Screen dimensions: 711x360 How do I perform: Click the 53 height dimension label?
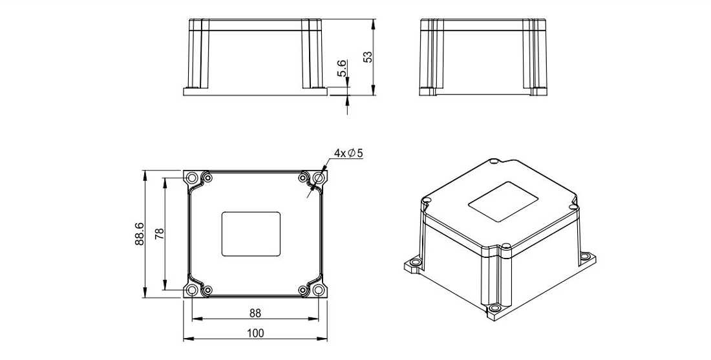coord(368,57)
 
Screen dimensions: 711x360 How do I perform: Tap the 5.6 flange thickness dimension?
coord(343,68)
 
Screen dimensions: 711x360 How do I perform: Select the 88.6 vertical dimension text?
coord(139,234)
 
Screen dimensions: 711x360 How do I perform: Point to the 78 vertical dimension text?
coord(159,233)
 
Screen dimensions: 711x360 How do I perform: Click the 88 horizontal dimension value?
coord(255,313)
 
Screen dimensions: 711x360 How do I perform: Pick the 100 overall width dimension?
coord(255,334)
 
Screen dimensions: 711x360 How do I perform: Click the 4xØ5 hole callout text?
coord(348,153)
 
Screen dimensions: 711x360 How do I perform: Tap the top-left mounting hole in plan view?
coord(192,178)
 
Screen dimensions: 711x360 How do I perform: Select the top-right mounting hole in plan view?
coord(319,178)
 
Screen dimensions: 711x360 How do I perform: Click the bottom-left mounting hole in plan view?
coord(192,290)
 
